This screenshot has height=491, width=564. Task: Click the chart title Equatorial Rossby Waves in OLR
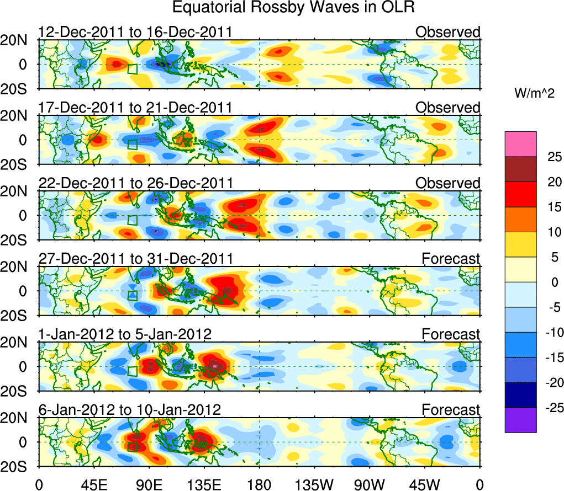point(293,8)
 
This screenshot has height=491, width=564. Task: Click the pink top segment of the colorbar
point(520,144)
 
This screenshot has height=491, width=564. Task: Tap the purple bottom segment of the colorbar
point(520,420)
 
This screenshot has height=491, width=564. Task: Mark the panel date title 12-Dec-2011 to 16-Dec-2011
point(135,33)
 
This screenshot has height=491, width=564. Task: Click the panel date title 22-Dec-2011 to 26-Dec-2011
point(135,183)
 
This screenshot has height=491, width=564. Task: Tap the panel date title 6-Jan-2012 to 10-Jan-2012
point(130,410)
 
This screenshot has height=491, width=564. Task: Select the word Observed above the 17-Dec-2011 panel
point(447,108)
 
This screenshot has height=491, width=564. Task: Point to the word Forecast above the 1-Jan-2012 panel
point(451,334)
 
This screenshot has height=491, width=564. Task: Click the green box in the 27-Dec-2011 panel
point(132,295)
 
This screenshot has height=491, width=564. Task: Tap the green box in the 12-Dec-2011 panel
point(132,68)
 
